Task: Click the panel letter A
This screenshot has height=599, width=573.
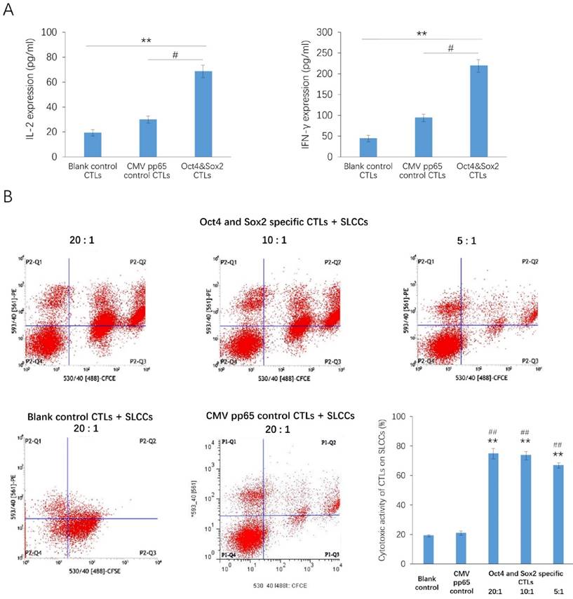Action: [9, 9]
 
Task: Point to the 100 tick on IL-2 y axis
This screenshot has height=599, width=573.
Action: [48, 32]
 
